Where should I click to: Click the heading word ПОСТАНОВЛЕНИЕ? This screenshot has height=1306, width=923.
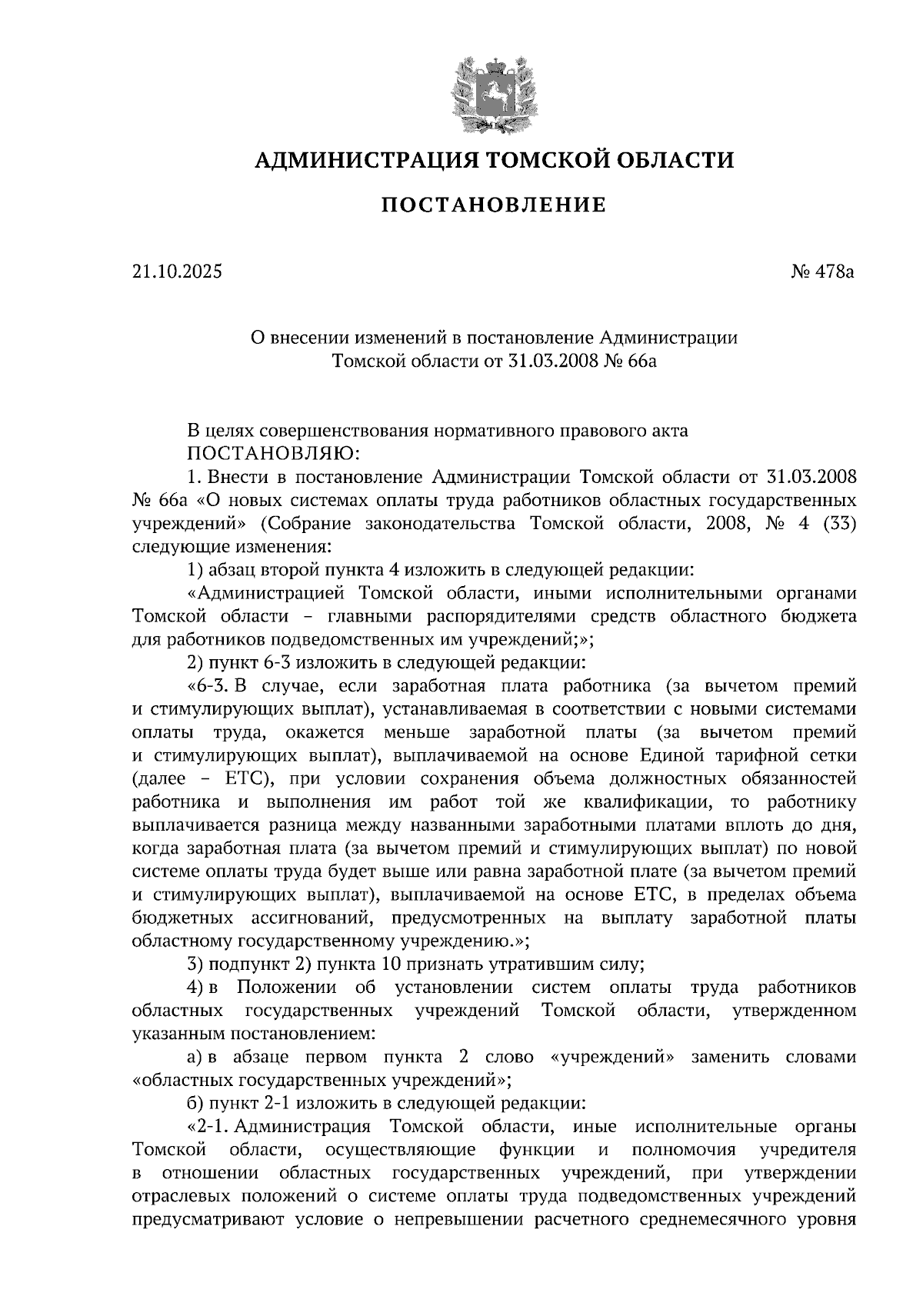tap(494, 205)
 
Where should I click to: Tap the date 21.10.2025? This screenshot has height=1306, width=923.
tap(177, 271)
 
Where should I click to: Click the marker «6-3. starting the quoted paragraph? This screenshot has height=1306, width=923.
tap(208, 685)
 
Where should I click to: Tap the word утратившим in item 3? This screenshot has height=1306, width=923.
tap(508, 965)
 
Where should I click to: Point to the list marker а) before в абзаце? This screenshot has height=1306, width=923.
tap(195, 1057)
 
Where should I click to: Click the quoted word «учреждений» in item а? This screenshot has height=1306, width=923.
tap(614, 1057)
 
